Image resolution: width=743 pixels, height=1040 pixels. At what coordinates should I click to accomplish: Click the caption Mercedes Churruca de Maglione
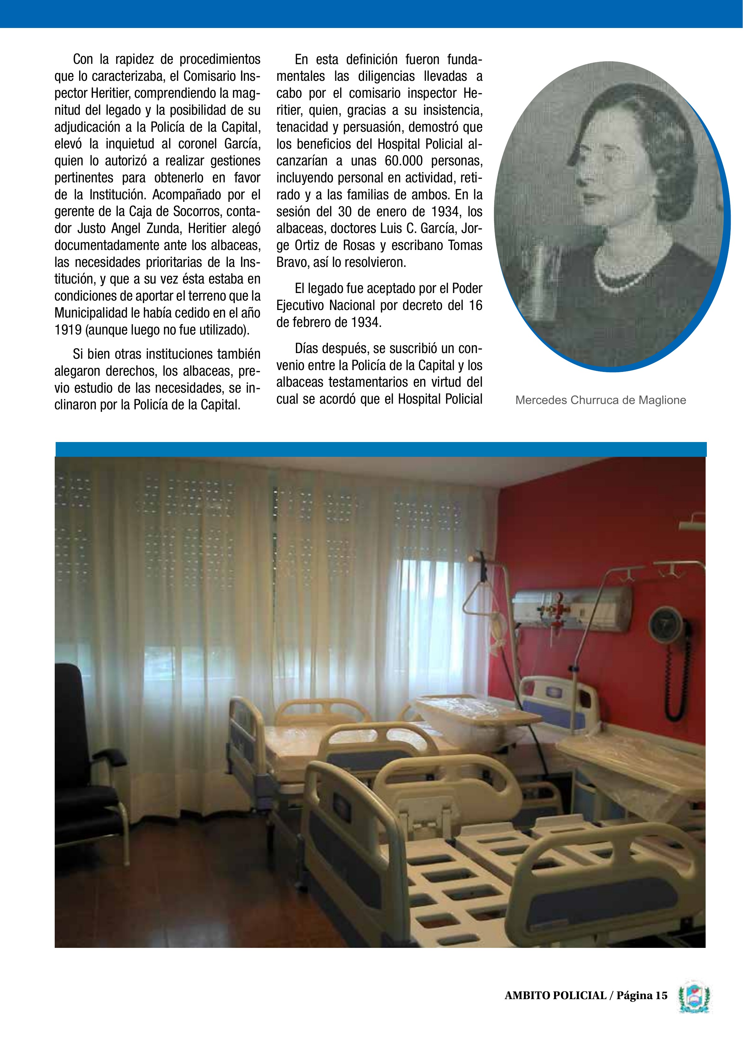click(600, 400)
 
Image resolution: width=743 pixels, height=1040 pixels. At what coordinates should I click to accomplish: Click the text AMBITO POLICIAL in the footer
click(555, 1009)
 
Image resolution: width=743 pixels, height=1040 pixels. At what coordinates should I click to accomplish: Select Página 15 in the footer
click(642, 1009)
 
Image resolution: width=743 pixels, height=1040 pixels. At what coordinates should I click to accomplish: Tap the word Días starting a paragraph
click(309, 348)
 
